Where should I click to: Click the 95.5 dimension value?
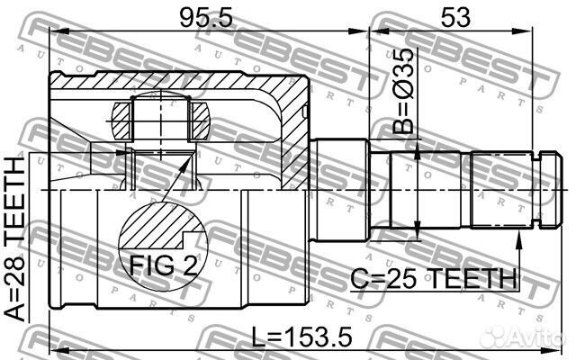[206, 17]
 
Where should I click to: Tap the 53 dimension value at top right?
[455, 17]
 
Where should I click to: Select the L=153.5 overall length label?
[302, 337]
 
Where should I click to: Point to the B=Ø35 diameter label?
[403, 91]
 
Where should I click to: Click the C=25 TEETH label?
[434, 278]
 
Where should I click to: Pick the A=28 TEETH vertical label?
[15, 239]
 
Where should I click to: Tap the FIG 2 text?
[163, 265]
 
